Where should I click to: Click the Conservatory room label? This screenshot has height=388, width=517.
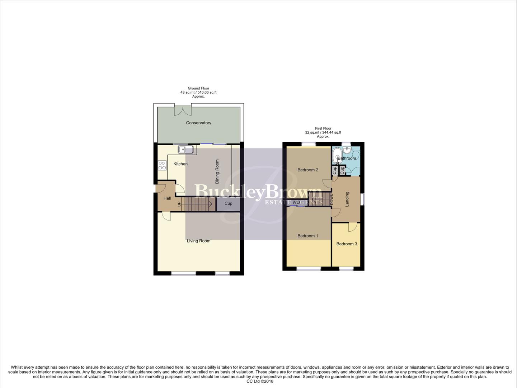click(198, 123)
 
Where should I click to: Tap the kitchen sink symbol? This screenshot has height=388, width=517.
click(185, 149)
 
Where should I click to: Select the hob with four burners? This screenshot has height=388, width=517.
click(162, 165)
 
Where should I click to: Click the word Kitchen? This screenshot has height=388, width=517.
click(180, 164)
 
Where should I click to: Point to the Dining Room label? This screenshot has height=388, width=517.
click(217, 172)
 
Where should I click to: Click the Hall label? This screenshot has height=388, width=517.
click(167, 198)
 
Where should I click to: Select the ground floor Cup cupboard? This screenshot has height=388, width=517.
click(228, 203)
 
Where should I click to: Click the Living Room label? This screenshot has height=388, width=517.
click(198, 241)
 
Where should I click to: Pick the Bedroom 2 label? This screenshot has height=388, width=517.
click(308, 170)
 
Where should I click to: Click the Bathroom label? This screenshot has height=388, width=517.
click(347, 158)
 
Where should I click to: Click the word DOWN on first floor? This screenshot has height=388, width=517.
click(332, 199)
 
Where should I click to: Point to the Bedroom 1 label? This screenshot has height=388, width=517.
click(308, 236)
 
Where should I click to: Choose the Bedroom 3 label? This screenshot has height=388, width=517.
click(347, 244)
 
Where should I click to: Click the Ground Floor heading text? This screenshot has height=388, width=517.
click(198, 88)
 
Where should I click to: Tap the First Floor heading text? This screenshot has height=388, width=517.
click(323, 128)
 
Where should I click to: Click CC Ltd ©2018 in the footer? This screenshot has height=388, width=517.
click(260, 382)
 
